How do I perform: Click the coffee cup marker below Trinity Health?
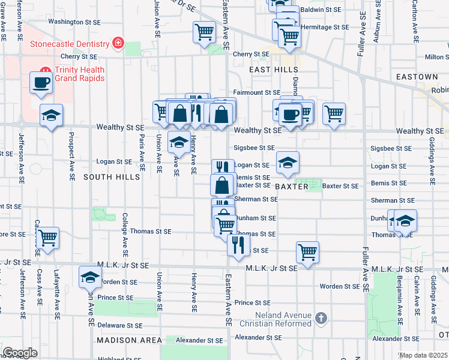coord(41,82)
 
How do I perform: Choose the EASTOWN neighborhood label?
coord(417,77)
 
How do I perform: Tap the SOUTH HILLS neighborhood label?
coord(112,177)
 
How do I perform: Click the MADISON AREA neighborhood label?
coord(130,340)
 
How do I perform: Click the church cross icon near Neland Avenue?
coord(321,317)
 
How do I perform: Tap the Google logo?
coord(20,353)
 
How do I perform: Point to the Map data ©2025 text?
coord(423,355)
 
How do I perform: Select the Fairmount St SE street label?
coord(256,93)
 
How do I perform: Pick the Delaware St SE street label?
coord(120,326)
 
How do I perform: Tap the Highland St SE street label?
coord(119,359)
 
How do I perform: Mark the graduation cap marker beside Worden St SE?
coord(90,277)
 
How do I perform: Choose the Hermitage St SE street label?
coord(325,28)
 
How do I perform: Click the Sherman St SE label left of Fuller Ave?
coord(255,199)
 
